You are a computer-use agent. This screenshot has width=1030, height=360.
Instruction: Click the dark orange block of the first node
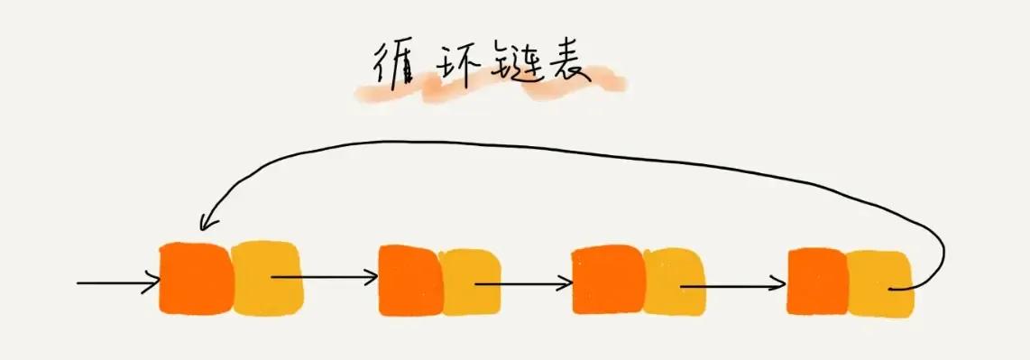(194, 278)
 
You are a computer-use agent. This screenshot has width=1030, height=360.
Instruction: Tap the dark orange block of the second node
(409, 280)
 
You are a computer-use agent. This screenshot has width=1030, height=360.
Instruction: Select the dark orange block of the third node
(607, 280)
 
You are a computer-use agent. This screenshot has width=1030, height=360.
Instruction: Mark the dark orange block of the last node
(816, 282)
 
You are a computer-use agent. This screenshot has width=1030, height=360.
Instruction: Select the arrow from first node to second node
(325, 277)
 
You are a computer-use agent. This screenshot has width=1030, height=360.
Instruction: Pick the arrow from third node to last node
(732, 287)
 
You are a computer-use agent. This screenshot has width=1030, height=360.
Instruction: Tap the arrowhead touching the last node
(777, 287)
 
